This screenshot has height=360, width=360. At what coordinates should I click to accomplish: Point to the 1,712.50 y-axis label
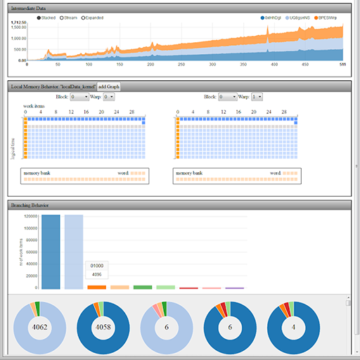coord(19,22)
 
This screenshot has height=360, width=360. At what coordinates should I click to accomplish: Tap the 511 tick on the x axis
coord(342,65)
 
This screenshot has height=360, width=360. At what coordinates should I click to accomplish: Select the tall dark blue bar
coord(51,252)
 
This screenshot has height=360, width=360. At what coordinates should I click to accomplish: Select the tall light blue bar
coord(74,252)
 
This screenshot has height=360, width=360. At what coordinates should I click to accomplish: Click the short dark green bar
coord(143,287)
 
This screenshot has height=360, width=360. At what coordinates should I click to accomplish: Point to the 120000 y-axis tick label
coord(28,217)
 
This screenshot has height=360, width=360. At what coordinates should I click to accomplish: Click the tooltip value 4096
coord(97,274)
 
